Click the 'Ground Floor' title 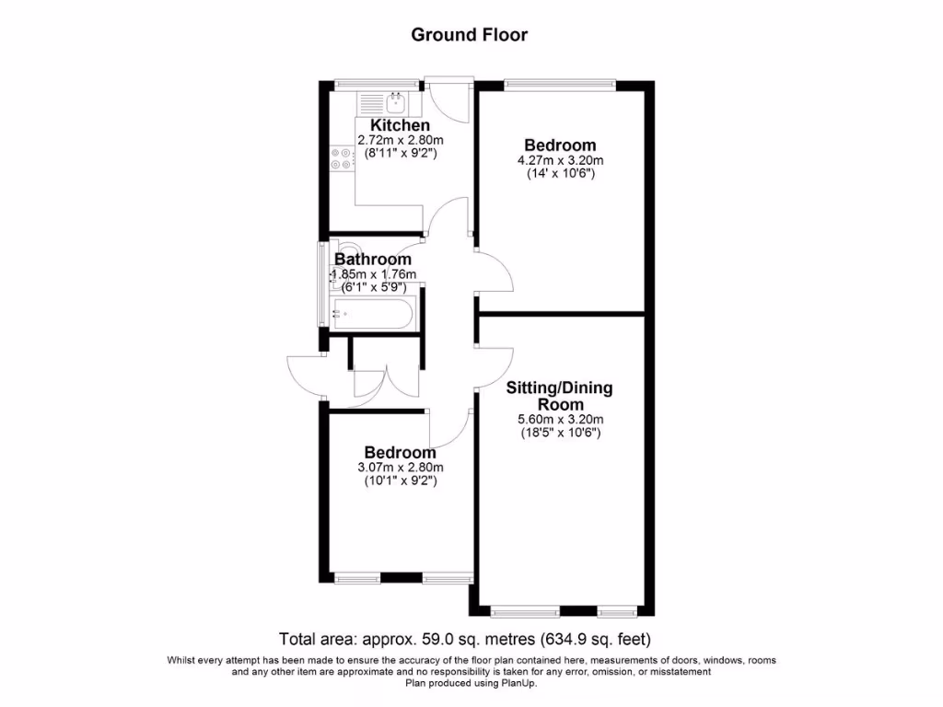coord(469,35)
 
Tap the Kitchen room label coord(400,125)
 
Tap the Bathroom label coord(373,260)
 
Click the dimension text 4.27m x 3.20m coord(560,160)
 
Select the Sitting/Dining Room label coord(559,396)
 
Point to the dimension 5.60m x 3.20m coord(559,420)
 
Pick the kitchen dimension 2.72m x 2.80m coord(401,141)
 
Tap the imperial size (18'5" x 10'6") coord(559,433)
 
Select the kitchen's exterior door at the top coord(449,97)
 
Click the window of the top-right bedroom coord(560,85)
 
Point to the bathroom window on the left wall coord(321,283)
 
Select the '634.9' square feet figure coord(565,639)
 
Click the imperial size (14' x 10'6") coord(560,173)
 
